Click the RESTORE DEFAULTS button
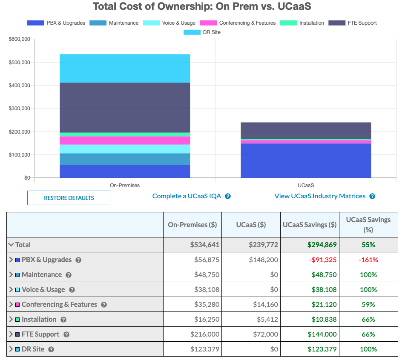click(69, 198)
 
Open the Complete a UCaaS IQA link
click(187, 196)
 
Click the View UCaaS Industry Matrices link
click(320, 196)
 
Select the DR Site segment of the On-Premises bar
click(125, 68)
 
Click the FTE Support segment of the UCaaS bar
click(306, 131)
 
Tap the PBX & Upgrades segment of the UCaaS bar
click(306, 160)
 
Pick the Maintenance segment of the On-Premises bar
click(125, 159)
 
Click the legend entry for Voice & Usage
click(169, 23)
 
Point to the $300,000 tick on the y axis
click(19, 109)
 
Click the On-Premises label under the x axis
click(125, 186)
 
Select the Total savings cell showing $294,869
click(322, 245)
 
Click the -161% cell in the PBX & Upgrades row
click(368, 260)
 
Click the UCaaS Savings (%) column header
click(368, 224)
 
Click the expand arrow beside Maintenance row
click(11, 274)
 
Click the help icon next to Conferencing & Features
click(104, 305)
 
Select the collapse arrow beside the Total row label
click(11, 245)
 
